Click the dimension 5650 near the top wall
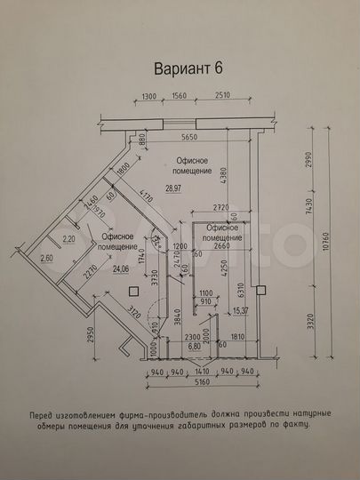click(185, 137)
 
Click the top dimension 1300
click(149, 98)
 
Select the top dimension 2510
click(222, 98)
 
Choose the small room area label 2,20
click(68, 237)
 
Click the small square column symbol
click(132, 292)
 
